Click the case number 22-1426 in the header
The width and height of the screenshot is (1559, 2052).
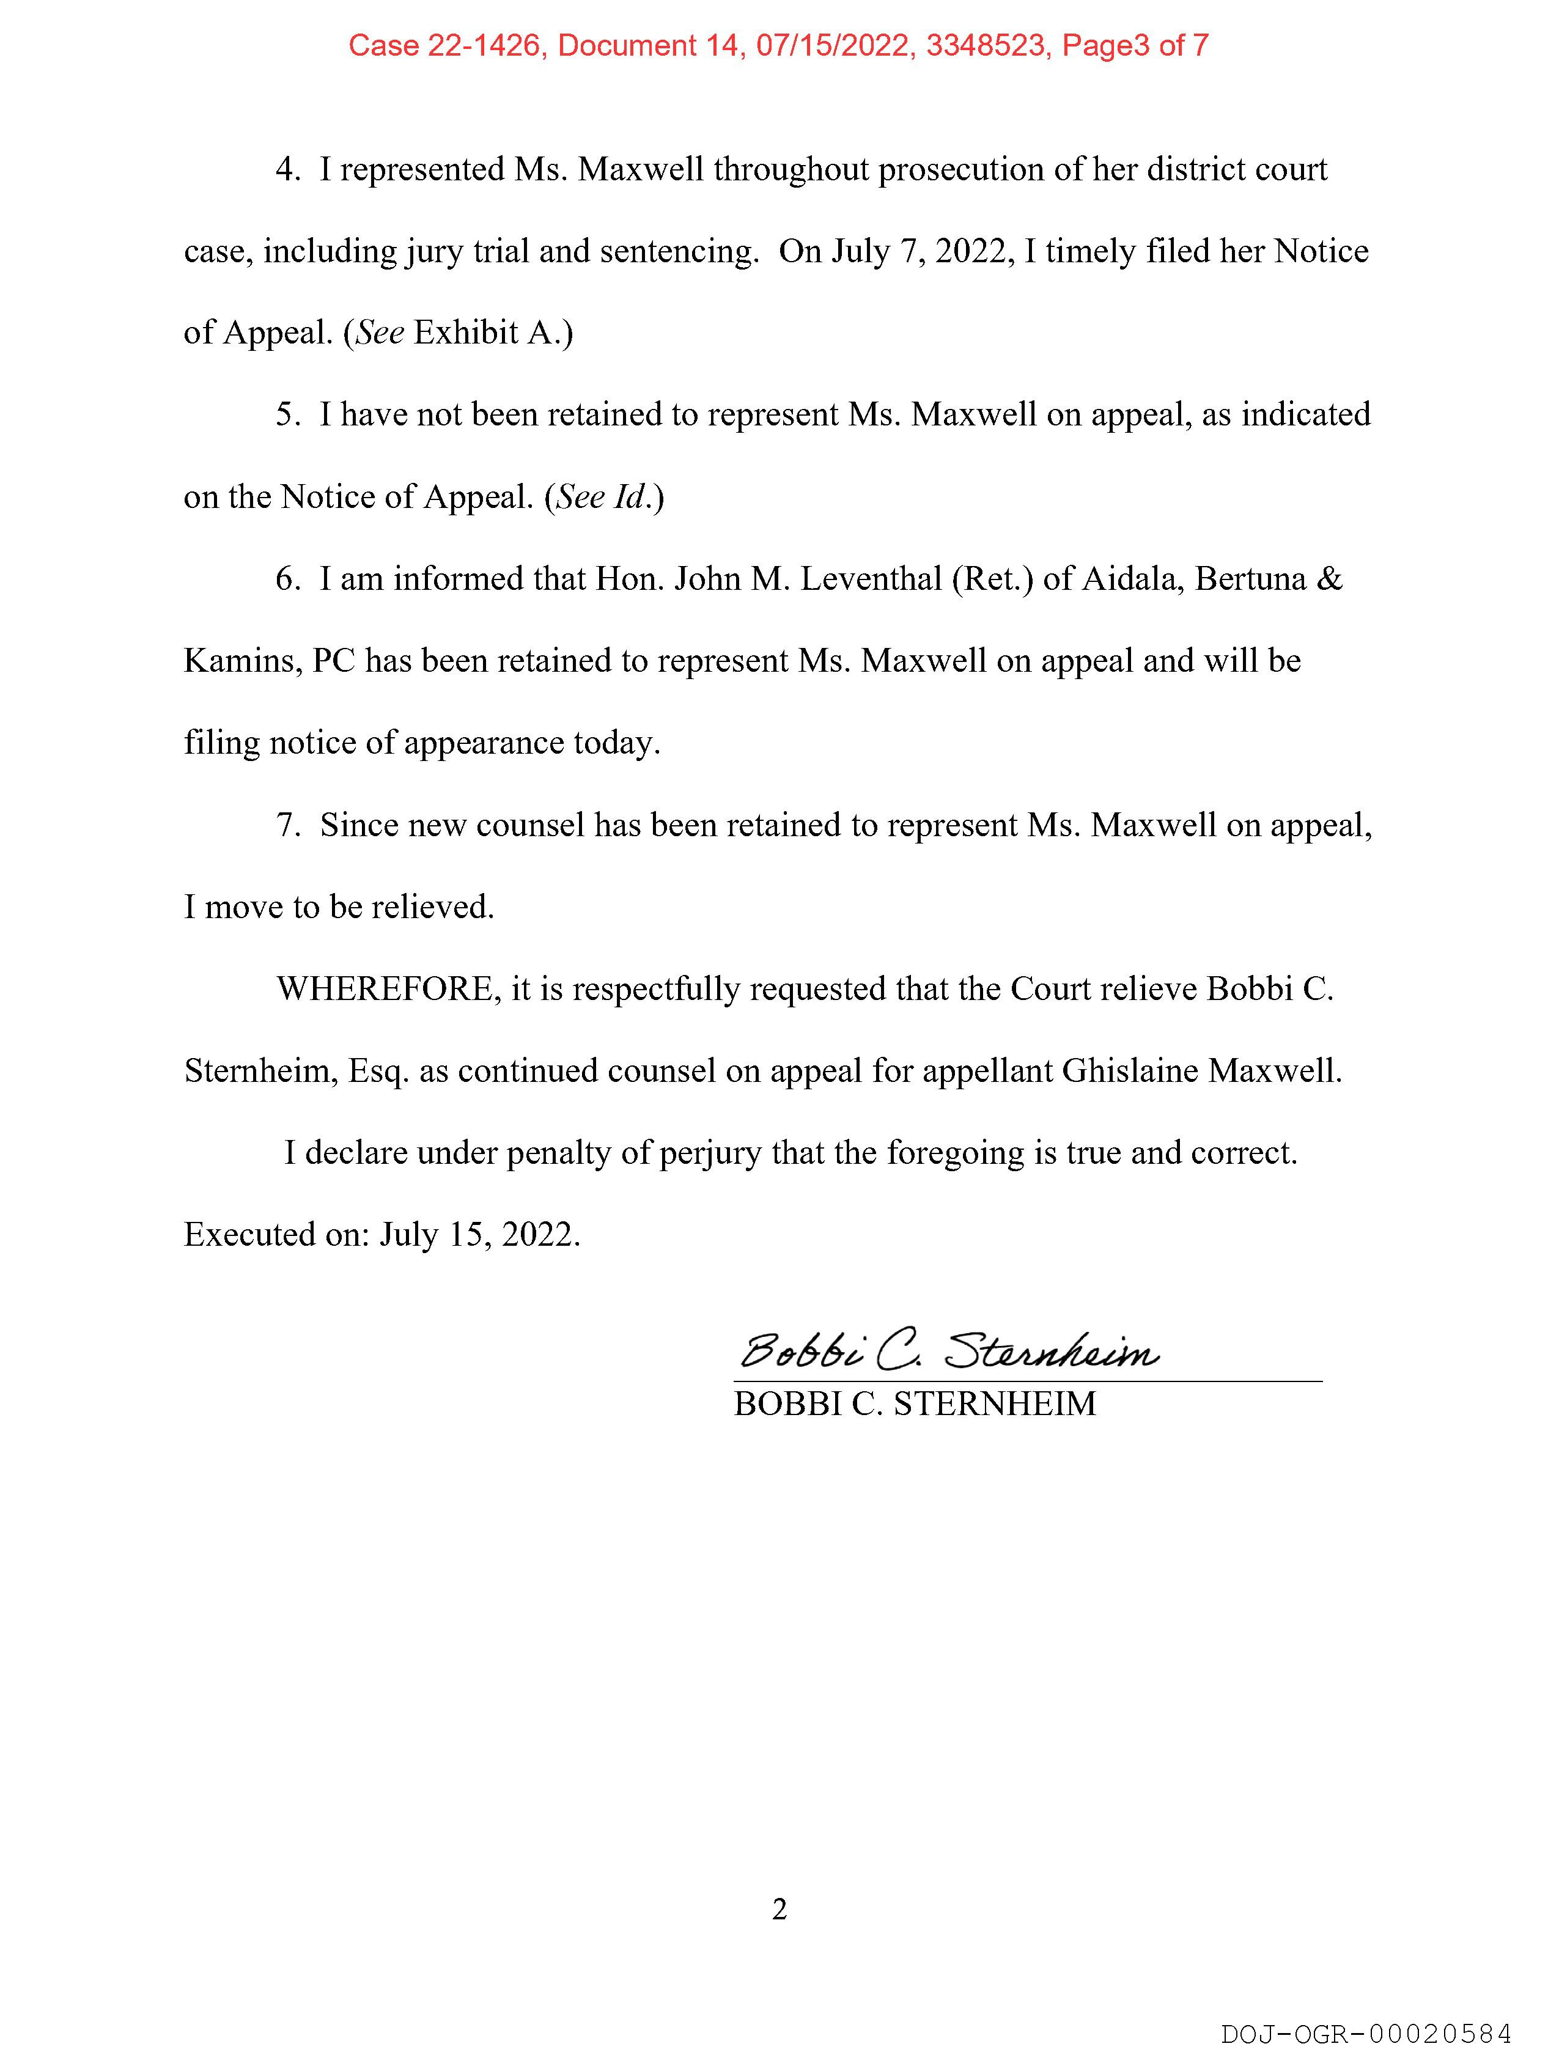tap(484, 45)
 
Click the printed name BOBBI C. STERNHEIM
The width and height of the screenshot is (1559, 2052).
tap(915, 1403)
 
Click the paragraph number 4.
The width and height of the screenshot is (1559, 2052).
tap(286, 170)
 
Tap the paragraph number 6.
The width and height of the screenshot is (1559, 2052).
tap(286, 579)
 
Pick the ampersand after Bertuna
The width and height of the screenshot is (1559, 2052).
tap(1329, 579)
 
